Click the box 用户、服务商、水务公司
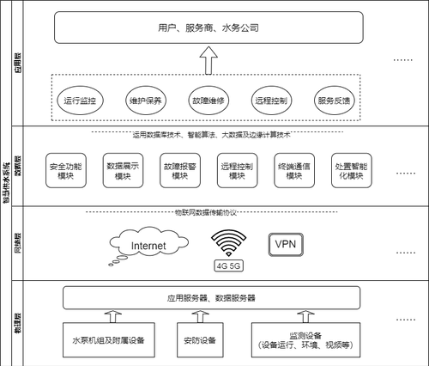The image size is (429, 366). tap(210, 28)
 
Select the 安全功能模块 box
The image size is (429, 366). tap(67, 171)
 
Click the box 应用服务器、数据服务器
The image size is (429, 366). tap(210, 299)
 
